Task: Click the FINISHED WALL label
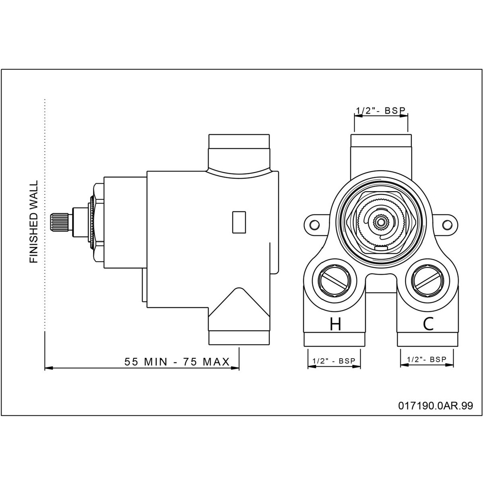click(33, 222)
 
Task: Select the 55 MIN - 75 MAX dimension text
click(177, 362)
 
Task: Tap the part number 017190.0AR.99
click(436, 406)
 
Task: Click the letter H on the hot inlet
click(335, 324)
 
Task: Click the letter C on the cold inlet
click(428, 324)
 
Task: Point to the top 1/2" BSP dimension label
click(381, 111)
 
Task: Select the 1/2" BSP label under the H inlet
click(334, 361)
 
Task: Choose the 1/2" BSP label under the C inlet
click(427, 359)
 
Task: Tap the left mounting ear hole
click(315, 224)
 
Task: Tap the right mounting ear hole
click(447, 224)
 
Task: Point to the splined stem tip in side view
click(60, 222)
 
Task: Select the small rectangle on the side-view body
click(239, 222)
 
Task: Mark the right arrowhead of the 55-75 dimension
click(235, 368)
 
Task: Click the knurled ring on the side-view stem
click(93, 222)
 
